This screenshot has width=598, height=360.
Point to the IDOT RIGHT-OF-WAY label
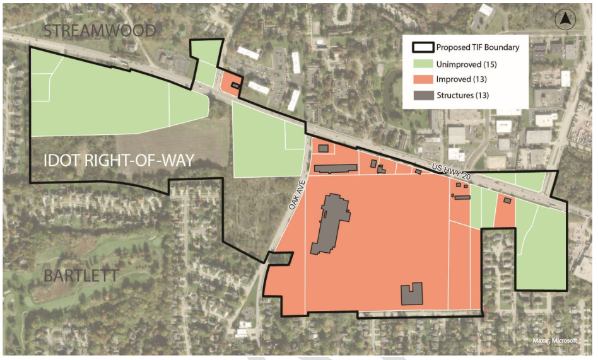tap(119, 161)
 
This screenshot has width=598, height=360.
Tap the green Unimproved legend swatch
tap(422, 64)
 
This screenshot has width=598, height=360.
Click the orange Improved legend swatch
tap(422, 79)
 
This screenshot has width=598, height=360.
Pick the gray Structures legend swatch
tap(422, 96)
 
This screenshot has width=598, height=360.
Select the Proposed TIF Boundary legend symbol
tap(422, 47)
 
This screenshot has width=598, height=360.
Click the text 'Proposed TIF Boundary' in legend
tap(478, 47)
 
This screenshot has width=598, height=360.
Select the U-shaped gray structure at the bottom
tap(412, 294)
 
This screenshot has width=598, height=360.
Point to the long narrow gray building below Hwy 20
tap(336, 168)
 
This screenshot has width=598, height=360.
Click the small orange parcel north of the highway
tap(230, 84)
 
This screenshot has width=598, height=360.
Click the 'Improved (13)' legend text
tap(462, 79)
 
